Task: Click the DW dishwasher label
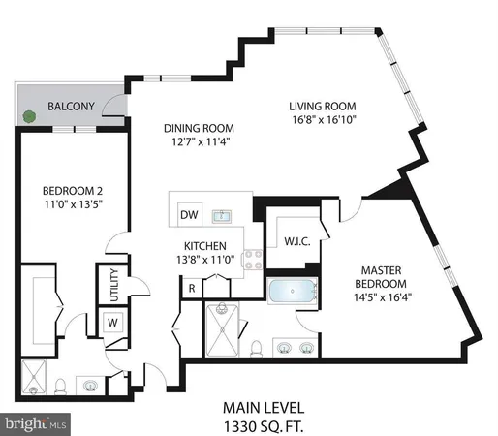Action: click(x=189, y=215)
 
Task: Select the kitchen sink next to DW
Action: click(x=221, y=214)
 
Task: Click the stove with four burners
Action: click(x=255, y=258)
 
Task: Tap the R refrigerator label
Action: click(x=193, y=288)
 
